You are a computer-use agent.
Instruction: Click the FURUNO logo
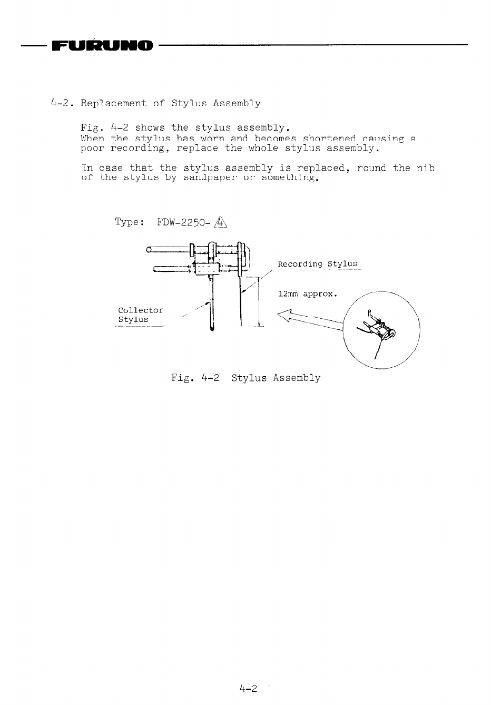click(103, 46)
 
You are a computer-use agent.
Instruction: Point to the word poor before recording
click(93, 148)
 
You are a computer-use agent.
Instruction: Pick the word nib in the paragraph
click(425, 168)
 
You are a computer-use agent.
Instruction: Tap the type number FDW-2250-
click(184, 222)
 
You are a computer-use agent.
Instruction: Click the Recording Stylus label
click(317, 264)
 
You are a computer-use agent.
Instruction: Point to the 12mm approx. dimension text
click(307, 294)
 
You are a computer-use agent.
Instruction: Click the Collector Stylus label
click(140, 315)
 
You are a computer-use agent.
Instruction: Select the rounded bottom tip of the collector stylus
click(212, 329)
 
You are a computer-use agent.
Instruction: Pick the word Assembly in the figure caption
click(296, 378)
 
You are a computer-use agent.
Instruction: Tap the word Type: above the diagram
click(130, 222)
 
